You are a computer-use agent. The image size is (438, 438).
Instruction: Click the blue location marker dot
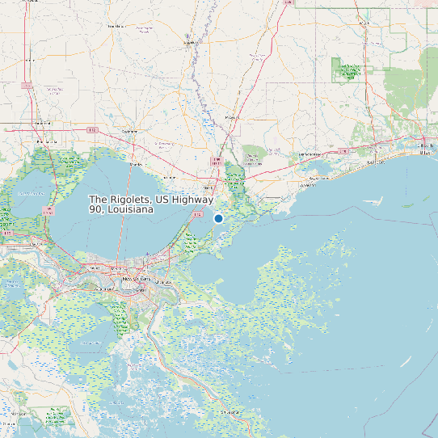point(218,218)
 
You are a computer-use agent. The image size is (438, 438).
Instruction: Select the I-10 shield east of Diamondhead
point(343,150)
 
